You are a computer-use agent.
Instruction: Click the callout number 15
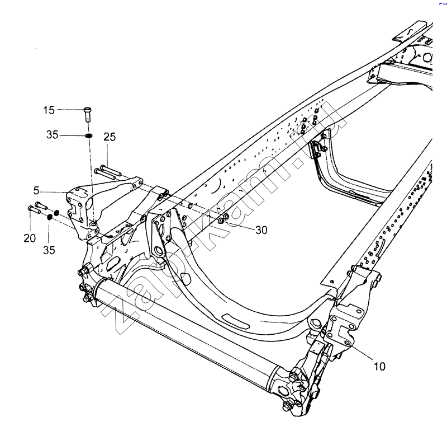tap(49, 110)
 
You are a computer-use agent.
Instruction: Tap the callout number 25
tap(110, 137)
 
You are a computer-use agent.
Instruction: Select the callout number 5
tap(36, 190)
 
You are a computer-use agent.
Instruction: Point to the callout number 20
tap(30, 238)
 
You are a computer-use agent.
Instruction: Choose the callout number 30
tap(261, 230)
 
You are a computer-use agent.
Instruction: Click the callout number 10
tap(379, 366)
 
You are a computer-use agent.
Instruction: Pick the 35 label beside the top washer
tap(52, 134)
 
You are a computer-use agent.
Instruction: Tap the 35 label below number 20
tap(49, 250)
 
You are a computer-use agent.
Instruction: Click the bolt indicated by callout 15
tap(88, 114)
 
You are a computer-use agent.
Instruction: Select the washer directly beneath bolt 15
tap(89, 135)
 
